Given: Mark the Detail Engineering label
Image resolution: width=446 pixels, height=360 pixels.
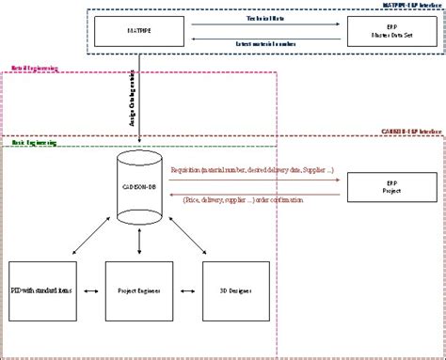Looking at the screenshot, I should (x=29, y=69).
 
